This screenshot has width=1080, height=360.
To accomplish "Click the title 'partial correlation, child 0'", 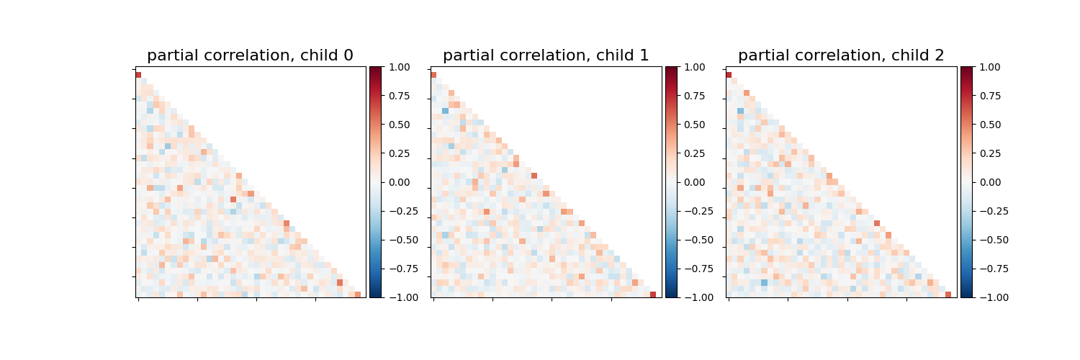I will click(250, 55).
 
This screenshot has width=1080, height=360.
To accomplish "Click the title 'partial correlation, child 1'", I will click(546, 55).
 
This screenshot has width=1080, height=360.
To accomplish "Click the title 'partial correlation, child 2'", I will click(841, 55).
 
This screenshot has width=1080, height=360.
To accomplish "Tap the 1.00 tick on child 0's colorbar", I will click(399, 67).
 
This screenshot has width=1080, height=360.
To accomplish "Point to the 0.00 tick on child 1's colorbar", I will click(694, 182).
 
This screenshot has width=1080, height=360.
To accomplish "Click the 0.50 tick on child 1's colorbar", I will click(694, 125).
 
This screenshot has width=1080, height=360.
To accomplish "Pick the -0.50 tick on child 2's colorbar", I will click(989, 240).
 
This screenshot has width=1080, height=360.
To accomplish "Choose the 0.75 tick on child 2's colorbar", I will click(989, 96).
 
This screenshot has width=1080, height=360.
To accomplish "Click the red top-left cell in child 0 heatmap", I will click(138, 75).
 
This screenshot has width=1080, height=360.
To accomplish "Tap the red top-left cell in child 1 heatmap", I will click(433, 75).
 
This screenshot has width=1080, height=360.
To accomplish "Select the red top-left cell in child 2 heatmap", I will click(729, 75).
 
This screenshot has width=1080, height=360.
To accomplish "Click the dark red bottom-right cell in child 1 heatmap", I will click(653, 294).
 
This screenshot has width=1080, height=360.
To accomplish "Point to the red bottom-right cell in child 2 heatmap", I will click(948, 294).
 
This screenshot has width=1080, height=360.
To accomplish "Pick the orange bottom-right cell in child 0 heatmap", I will click(358, 294).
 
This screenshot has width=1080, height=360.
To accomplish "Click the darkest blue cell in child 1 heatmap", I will click(445, 111).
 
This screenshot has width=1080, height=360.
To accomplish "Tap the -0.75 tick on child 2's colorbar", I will click(989, 269).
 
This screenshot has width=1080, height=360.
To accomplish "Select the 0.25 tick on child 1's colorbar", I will click(694, 153).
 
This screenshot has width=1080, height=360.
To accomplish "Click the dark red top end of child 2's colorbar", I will click(966, 69).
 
